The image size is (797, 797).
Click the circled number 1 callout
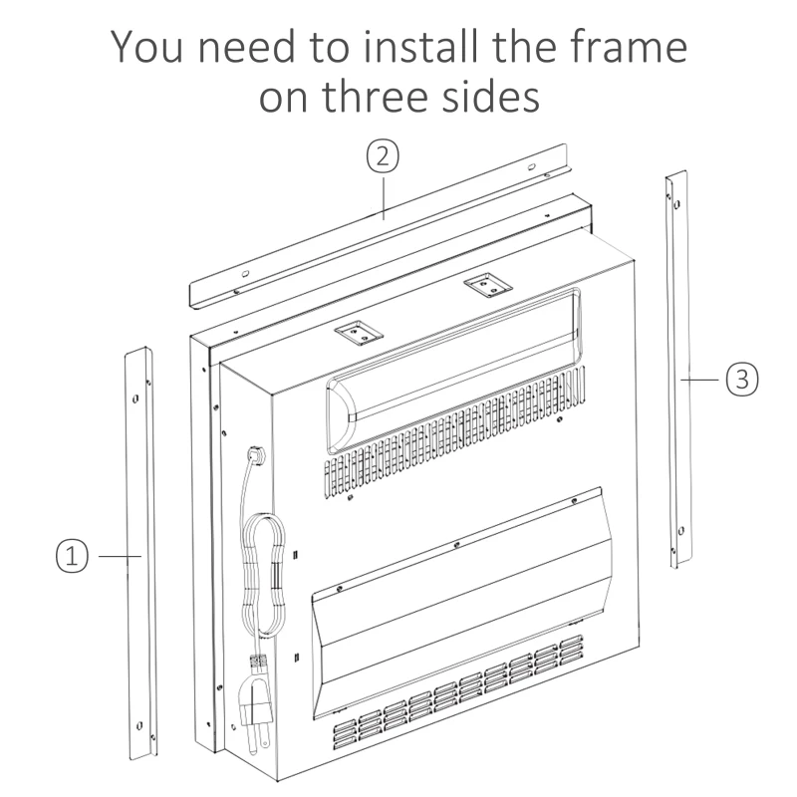point(72,556)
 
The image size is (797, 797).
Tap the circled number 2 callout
point(383,156)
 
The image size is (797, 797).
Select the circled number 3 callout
point(742,380)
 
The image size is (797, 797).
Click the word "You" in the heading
point(146,47)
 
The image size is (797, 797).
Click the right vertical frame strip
point(679,370)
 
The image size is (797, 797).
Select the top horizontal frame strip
point(379,226)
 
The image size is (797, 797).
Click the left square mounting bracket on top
point(359,333)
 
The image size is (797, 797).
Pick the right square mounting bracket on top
point(486,285)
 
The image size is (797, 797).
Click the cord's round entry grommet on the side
point(254,454)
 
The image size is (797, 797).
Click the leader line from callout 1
point(120,557)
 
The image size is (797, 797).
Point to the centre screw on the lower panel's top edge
point(456,545)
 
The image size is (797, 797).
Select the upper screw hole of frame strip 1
point(135,398)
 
